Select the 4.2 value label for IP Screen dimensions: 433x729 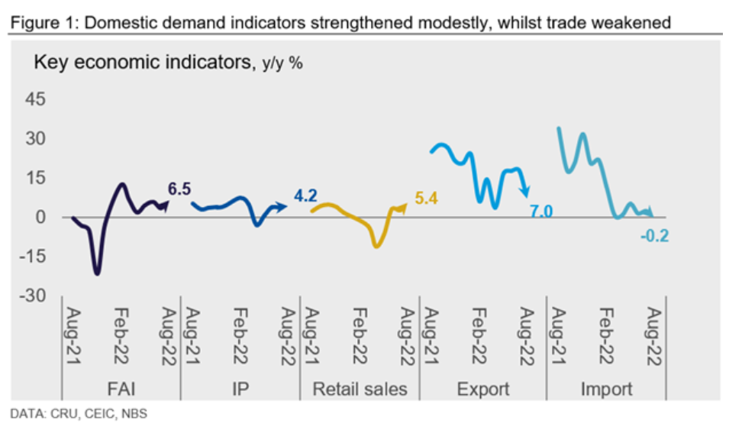point(305,195)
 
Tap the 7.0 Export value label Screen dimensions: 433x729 point(540,212)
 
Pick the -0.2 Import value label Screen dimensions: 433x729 point(654,236)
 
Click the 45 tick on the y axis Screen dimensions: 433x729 point(37,100)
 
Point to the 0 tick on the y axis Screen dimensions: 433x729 point(41,218)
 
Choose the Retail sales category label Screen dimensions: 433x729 point(360,389)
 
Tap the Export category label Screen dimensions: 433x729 point(482,389)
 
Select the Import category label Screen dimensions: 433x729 point(606,389)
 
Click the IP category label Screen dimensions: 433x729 point(240,389)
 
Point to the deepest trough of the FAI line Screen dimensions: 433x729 point(97,273)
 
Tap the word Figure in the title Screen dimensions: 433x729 point(31,23)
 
